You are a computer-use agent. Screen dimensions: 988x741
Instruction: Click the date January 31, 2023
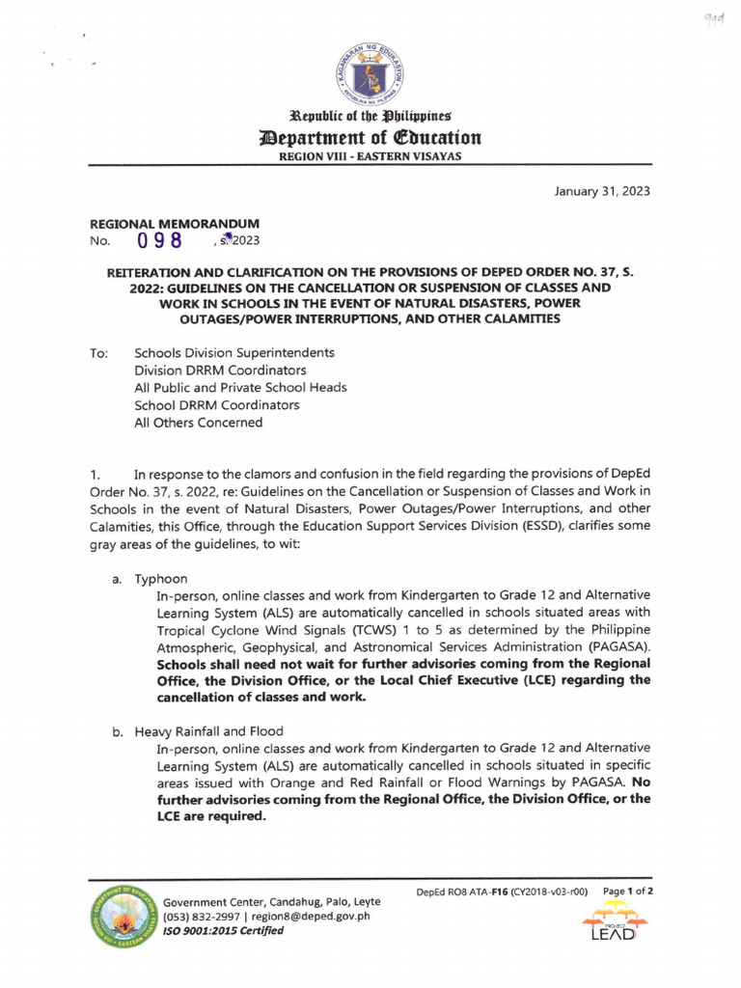coord(601,191)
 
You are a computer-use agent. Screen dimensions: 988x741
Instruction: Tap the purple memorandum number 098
coord(161,241)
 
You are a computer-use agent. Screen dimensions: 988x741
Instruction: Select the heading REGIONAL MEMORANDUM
coord(174,224)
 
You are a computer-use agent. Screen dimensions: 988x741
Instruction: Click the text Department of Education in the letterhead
coord(370,138)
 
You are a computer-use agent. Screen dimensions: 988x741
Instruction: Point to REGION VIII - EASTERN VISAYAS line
coord(370,156)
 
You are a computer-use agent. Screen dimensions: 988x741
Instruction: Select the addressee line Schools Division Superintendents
coord(234,353)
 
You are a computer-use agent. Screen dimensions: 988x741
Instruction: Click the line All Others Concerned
coord(198,423)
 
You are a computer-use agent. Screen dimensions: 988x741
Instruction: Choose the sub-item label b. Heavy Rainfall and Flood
coord(198,731)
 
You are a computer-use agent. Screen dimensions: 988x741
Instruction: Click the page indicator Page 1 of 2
coord(628,892)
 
